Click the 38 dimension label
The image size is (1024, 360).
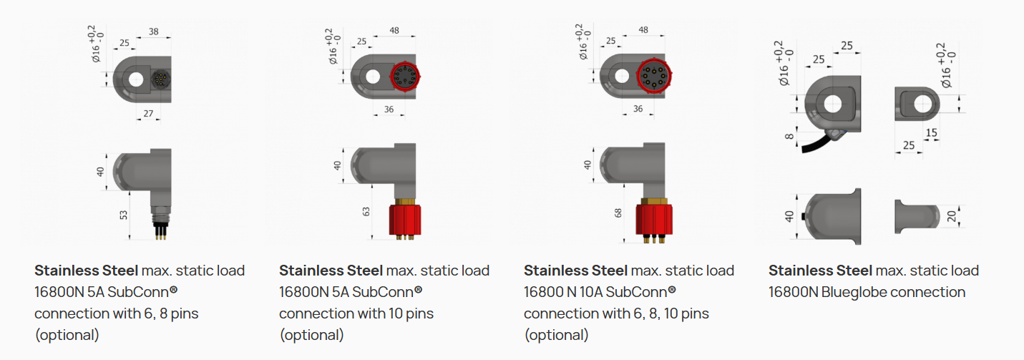(154, 31)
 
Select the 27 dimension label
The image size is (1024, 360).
(148, 114)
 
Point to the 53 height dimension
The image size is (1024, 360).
(123, 215)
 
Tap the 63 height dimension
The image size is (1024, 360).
(366, 212)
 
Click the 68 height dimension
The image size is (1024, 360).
(618, 213)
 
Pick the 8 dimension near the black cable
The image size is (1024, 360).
(789, 136)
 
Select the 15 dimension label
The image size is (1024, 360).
(931, 133)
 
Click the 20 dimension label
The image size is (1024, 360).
(951, 216)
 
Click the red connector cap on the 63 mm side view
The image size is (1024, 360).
(405, 220)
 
